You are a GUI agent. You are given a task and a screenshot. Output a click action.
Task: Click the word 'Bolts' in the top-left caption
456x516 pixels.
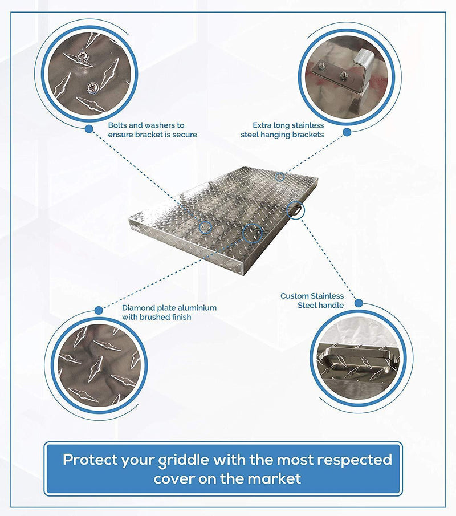pyautogui.click(x=118, y=125)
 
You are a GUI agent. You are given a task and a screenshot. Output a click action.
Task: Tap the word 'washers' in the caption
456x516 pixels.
pyautogui.click(x=153, y=125)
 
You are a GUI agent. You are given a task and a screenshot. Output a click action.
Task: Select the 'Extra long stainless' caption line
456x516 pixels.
pyautogui.click(x=288, y=125)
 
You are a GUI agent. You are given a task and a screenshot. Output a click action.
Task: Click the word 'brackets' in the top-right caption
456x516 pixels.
pyautogui.click(x=308, y=135)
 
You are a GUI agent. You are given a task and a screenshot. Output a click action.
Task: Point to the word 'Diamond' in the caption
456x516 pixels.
pyautogui.click(x=137, y=308)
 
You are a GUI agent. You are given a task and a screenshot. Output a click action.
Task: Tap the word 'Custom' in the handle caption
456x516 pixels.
pyautogui.click(x=294, y=296)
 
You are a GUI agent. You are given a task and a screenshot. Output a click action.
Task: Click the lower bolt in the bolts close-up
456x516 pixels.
pyautogui.click(x=91, y=87)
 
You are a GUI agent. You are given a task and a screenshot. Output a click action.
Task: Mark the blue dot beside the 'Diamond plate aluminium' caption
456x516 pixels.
pyautogui.click(x=99, y=310)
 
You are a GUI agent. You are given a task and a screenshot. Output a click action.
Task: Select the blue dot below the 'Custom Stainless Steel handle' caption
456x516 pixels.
pyautogui.click(x=359, y=302)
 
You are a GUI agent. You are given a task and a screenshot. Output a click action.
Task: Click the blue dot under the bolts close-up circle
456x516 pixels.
pyautogui.click(x=89, y=129)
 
